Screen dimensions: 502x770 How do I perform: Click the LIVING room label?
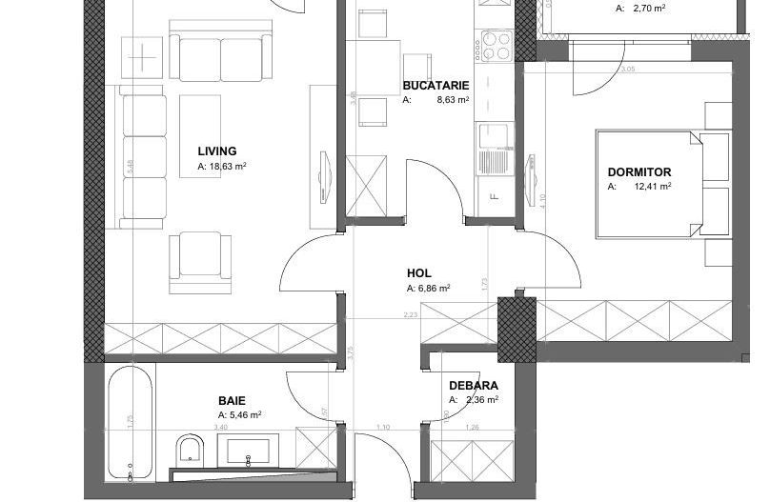pyautogui.click(x=217, y=151)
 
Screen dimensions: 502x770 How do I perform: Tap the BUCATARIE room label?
pyautogui.click(x=436, y=85)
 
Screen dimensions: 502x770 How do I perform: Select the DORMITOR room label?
pyautogui.click(x=638, y=172)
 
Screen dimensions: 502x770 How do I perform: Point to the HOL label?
pyautogui.click(x=418, y=273)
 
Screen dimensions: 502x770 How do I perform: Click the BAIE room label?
pyautogui.click(x=232, y=401)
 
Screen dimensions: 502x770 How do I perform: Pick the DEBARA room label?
pyautogui.click(x=474, y=386)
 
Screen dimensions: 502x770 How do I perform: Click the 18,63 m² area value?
pyautogui.click(x=229, y=166)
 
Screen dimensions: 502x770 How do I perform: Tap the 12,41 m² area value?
pyautogui.click(x=652, y=187)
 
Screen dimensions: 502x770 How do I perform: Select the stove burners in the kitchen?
pyautogui.click(x=496, y=44)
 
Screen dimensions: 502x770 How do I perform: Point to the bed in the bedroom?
pyautogui.click(x=648, y=185)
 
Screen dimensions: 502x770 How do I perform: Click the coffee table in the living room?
pyautogui.click(x=200, y=135)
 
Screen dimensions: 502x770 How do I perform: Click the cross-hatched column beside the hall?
pyautogui.click(x=517, y=329)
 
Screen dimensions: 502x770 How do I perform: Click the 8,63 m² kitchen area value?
pyautogui.click(x=453, y=99)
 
